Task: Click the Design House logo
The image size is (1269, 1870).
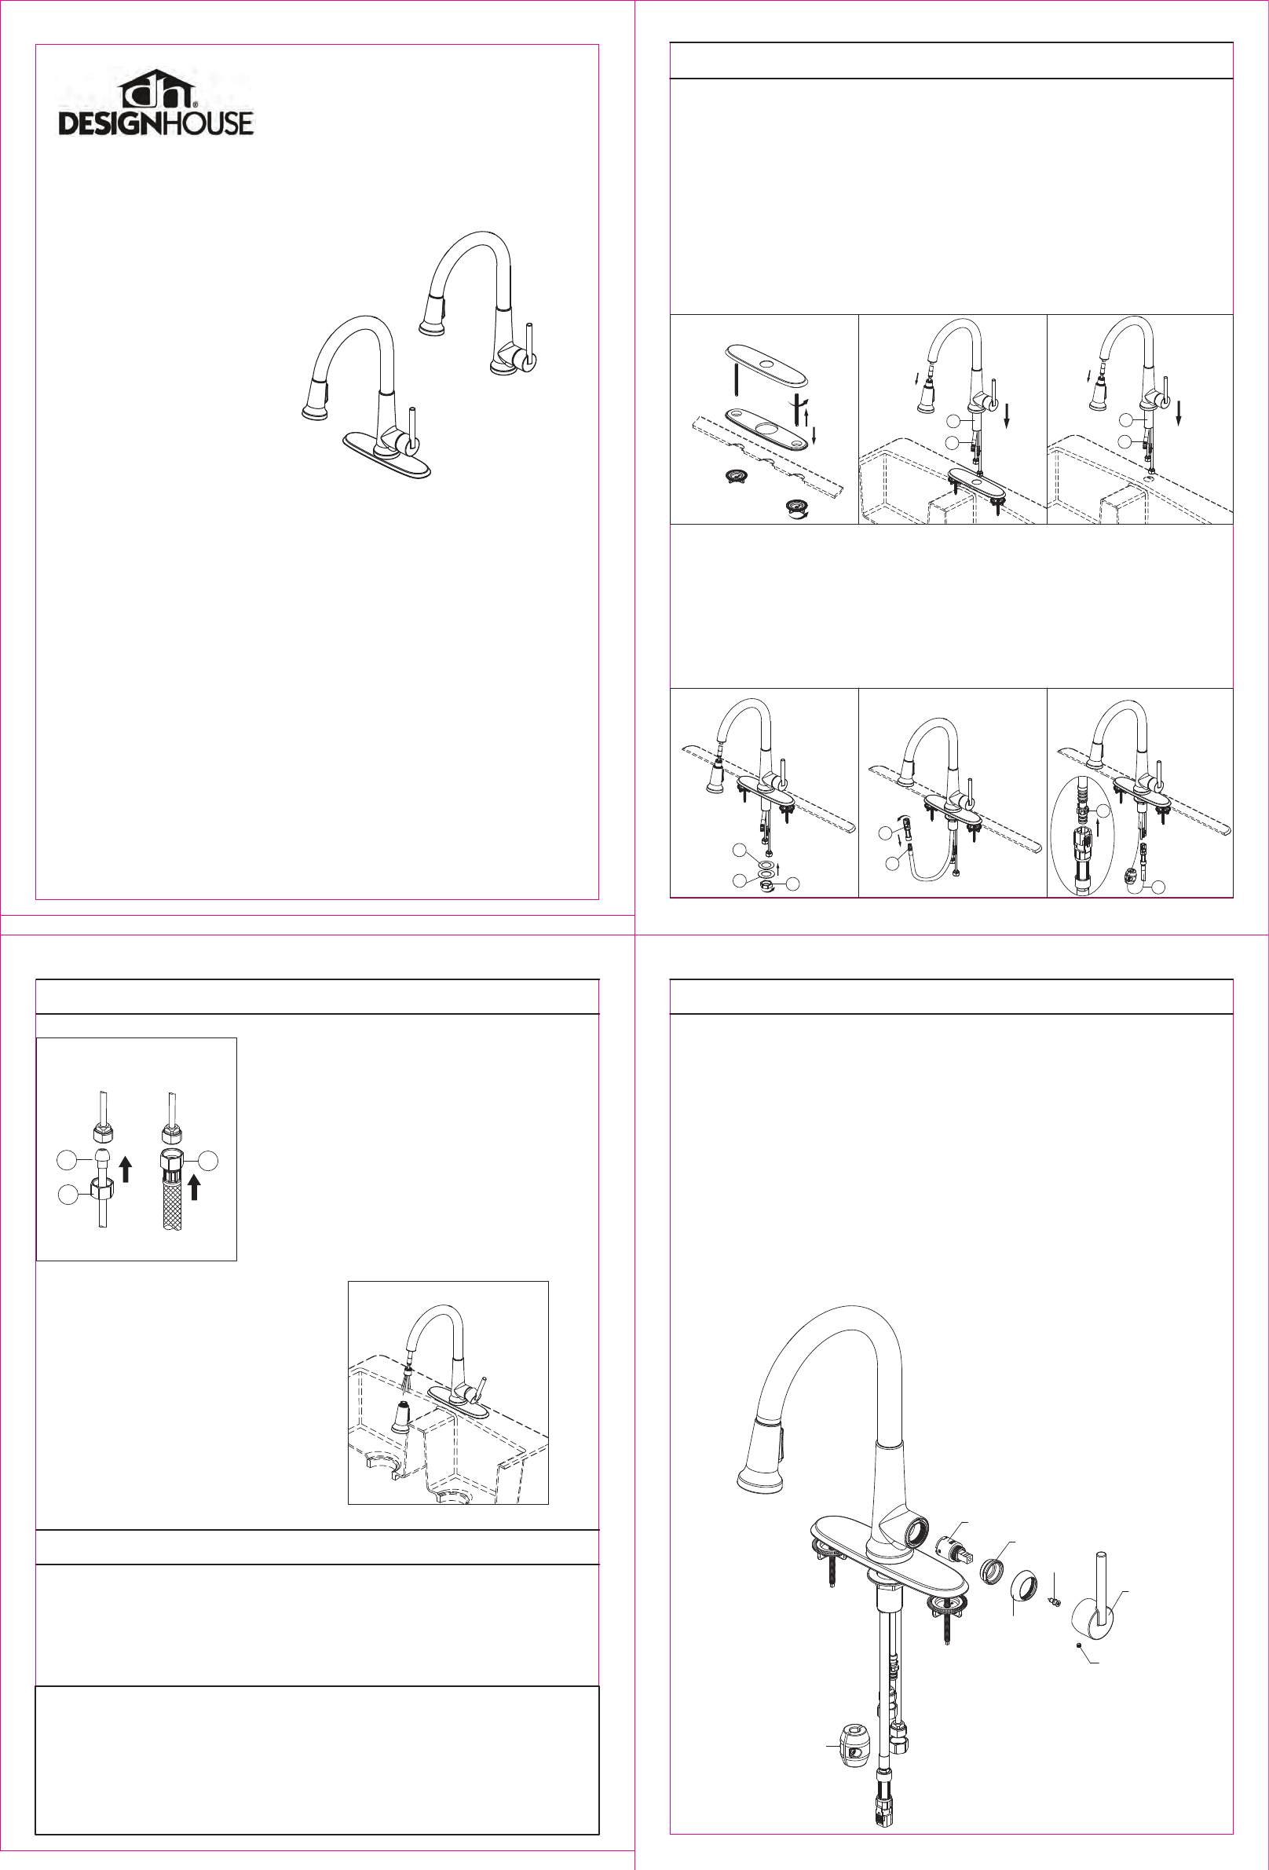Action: tap(156, 102)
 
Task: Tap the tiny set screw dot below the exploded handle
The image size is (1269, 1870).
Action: tap(1078, 1646)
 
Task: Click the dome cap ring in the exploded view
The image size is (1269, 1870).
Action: tap(1023, 1584)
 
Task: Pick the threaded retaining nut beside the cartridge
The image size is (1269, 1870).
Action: tap(992, 1568)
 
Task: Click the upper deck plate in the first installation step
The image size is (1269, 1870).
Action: tap(766, 365)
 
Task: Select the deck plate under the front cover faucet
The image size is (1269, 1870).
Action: tap(387, 456)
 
